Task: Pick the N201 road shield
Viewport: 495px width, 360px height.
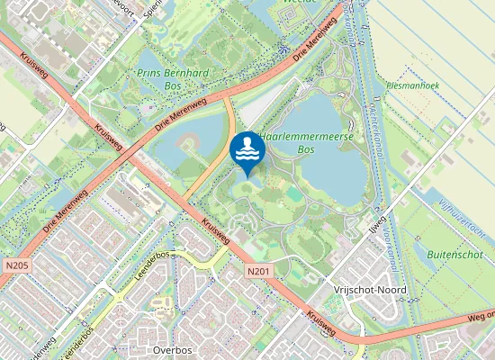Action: coord(257,271)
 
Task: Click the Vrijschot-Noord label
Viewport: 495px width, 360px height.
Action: coord(369,290)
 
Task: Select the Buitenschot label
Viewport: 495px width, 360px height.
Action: coord(455,256)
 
